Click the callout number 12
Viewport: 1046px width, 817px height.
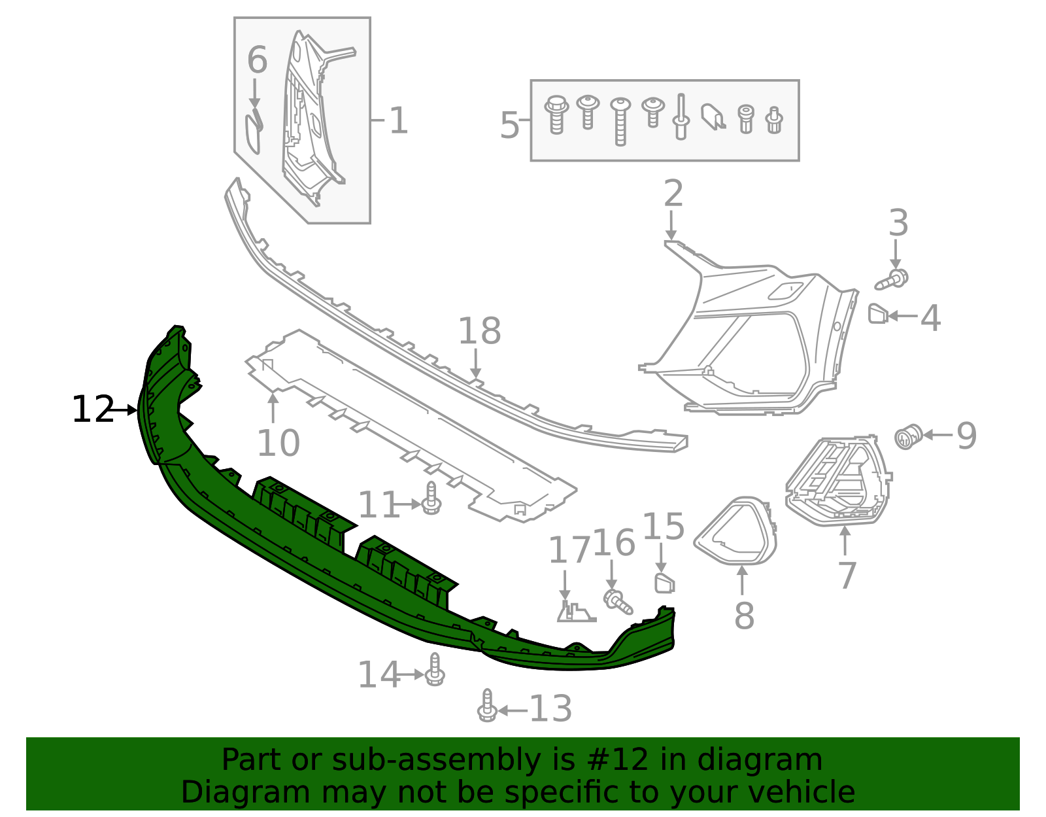(x=92, y=409)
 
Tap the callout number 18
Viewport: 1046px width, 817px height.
(x=479, y=331)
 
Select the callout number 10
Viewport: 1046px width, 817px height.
(x=278, y=443)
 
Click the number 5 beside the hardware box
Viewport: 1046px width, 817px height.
(x=509, y=125)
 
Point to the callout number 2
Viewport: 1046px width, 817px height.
(x=673, y=194)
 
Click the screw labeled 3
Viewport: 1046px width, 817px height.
(x=893, y=279)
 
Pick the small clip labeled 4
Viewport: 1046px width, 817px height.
(x=877, y=314)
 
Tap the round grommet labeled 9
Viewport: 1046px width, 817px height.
(x=908, y=436)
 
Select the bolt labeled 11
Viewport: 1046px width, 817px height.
(x=431, y=498)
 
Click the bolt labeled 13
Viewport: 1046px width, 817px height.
(x=487, y=706)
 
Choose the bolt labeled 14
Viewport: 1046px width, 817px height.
(x=435, y=670)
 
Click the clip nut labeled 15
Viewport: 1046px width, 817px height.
(x=664, y=582)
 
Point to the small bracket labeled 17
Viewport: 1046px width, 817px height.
(x=574, y=612)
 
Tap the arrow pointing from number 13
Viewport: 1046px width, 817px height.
(x=513, y=710)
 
